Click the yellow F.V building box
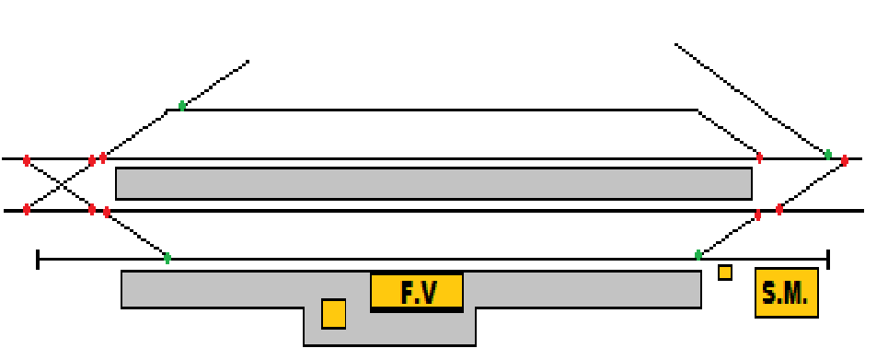point(417,292)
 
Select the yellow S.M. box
point(786,293)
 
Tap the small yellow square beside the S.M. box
point(725,273)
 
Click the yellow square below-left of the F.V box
point(333,313)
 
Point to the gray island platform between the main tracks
point(433,183)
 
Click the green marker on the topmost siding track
point(182,106)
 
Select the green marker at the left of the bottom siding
point(167,259)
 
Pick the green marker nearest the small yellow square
point(698,255)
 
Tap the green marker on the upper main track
point(827,155)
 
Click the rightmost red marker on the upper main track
point(845,160)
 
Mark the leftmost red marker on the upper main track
point(27,160)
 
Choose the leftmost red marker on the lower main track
point(27,210)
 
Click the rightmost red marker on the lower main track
point(779,210)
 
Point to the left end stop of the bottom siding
point(38,260)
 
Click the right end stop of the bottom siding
point(828,260)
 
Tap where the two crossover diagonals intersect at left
point(59,185)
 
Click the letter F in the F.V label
point(408,293)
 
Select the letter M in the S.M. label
point(795,294)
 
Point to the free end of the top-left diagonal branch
point(248,62)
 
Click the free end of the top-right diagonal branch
point(676,44)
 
